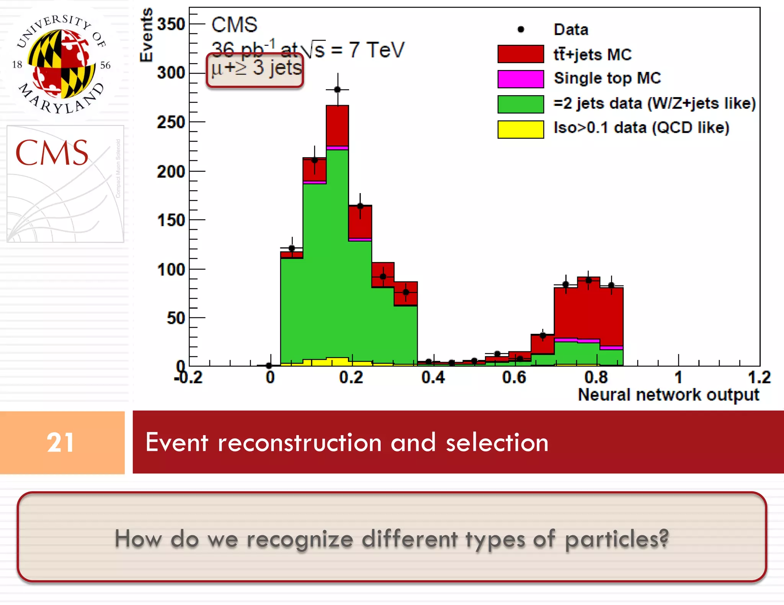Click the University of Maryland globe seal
61,63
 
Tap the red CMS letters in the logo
52,153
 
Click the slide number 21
60,442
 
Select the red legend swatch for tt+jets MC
520,54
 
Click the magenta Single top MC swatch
520,79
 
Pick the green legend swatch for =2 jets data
520,104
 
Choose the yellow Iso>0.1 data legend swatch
520,129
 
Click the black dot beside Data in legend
521,29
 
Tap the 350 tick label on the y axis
171,24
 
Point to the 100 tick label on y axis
171,270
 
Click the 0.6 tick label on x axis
514,377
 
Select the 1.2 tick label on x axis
759,377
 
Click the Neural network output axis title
668,395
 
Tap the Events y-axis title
146,35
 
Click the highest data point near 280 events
337,89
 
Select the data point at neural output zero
269,366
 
